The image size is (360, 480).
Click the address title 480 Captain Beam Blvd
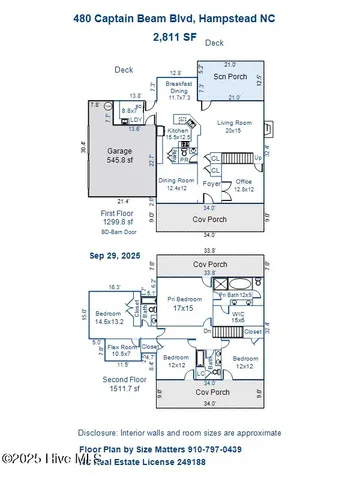pos(179,17)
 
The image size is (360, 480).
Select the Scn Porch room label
pos(232,77)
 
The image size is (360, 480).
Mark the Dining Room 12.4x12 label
pos(178,184)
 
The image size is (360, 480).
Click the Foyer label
pos(212,184)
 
